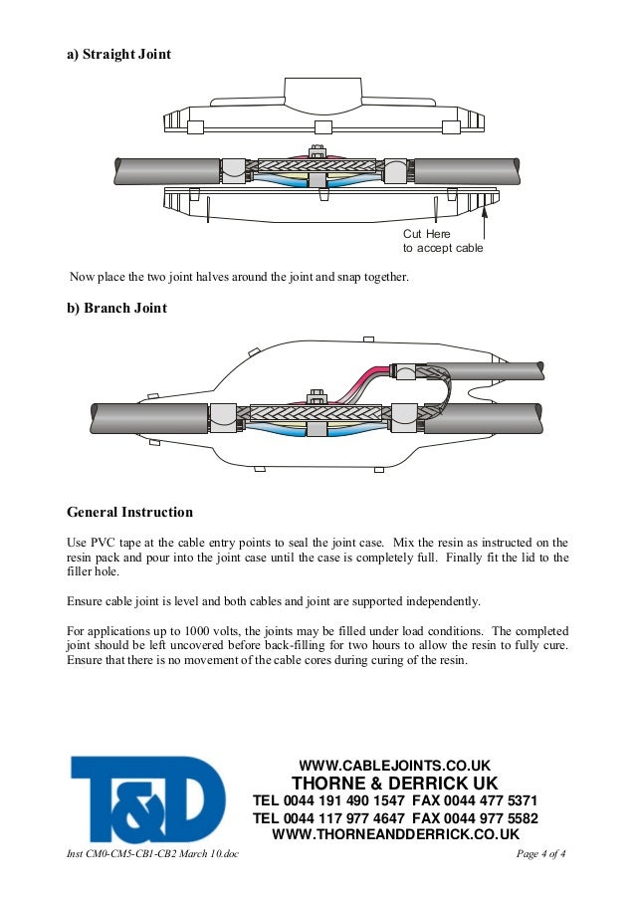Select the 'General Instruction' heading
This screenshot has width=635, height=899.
click(129, 513)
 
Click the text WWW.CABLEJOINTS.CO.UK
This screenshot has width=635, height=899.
click(395, 766)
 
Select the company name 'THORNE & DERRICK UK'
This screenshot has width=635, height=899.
click(394, 784)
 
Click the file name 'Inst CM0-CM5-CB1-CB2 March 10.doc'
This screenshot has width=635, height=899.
click(152, 855)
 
